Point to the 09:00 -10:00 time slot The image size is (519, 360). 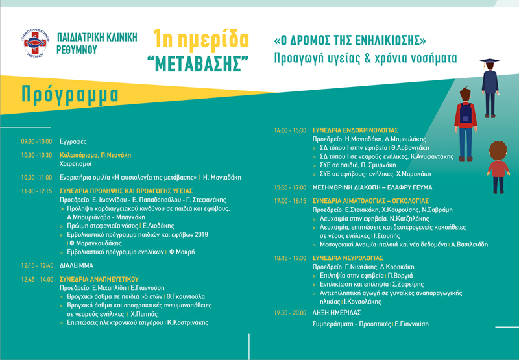36,141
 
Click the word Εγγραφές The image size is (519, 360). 73,141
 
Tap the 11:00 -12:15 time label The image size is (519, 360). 36,192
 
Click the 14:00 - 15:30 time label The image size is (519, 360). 289,130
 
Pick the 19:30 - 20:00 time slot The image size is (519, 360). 289,312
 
